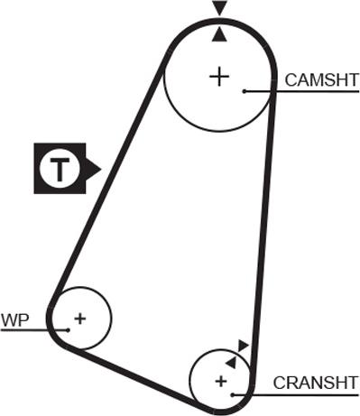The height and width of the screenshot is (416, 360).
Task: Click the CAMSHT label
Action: (x=321, y=79)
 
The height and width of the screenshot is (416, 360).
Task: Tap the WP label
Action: (x=16, y=319)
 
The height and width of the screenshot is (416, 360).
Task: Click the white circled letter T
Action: (x=59, y=169)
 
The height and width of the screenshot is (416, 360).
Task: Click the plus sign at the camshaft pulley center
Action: (x=218, y=76)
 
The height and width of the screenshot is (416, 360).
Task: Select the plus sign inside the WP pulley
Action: (x=80, y=318)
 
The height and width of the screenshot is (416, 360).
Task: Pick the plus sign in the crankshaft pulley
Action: (x=220, y=382)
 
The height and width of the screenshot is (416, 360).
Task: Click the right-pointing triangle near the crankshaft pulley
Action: (x=243, y=345)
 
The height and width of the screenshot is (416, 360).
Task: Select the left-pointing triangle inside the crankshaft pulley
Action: (x=231, y=360)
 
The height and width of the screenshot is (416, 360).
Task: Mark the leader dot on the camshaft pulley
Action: (x=244, y=90)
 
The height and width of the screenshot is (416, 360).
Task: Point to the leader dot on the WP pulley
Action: (x=69, y=330)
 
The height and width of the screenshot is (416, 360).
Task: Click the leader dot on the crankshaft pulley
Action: (x=233, y=394)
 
